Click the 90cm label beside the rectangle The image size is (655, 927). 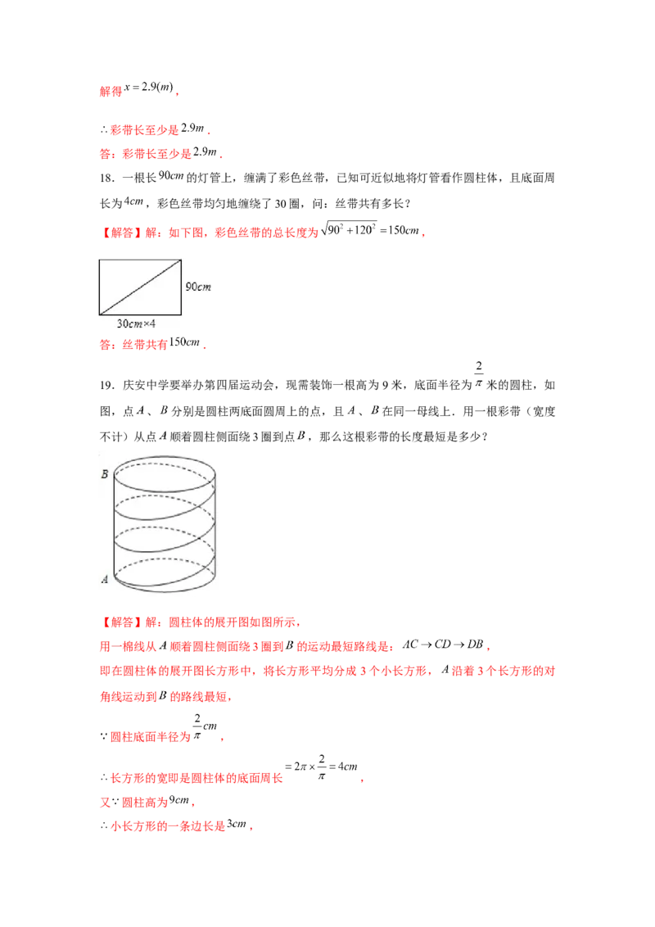click(x=199, y=287)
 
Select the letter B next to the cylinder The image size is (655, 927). click(x=105, y=474)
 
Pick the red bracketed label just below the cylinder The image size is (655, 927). click(x=121, y=622)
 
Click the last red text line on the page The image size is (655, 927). click(x=176, y=828)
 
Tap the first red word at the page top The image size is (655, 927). click(x=110, y=92)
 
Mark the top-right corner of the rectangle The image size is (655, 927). click(x=180, y=261)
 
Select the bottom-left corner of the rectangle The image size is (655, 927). click(x=100, y=314)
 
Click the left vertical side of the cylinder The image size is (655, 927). click(x=113, y=524)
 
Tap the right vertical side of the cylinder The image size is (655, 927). click(x=216, y=524)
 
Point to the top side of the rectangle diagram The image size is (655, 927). click(x=139, y=261)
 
